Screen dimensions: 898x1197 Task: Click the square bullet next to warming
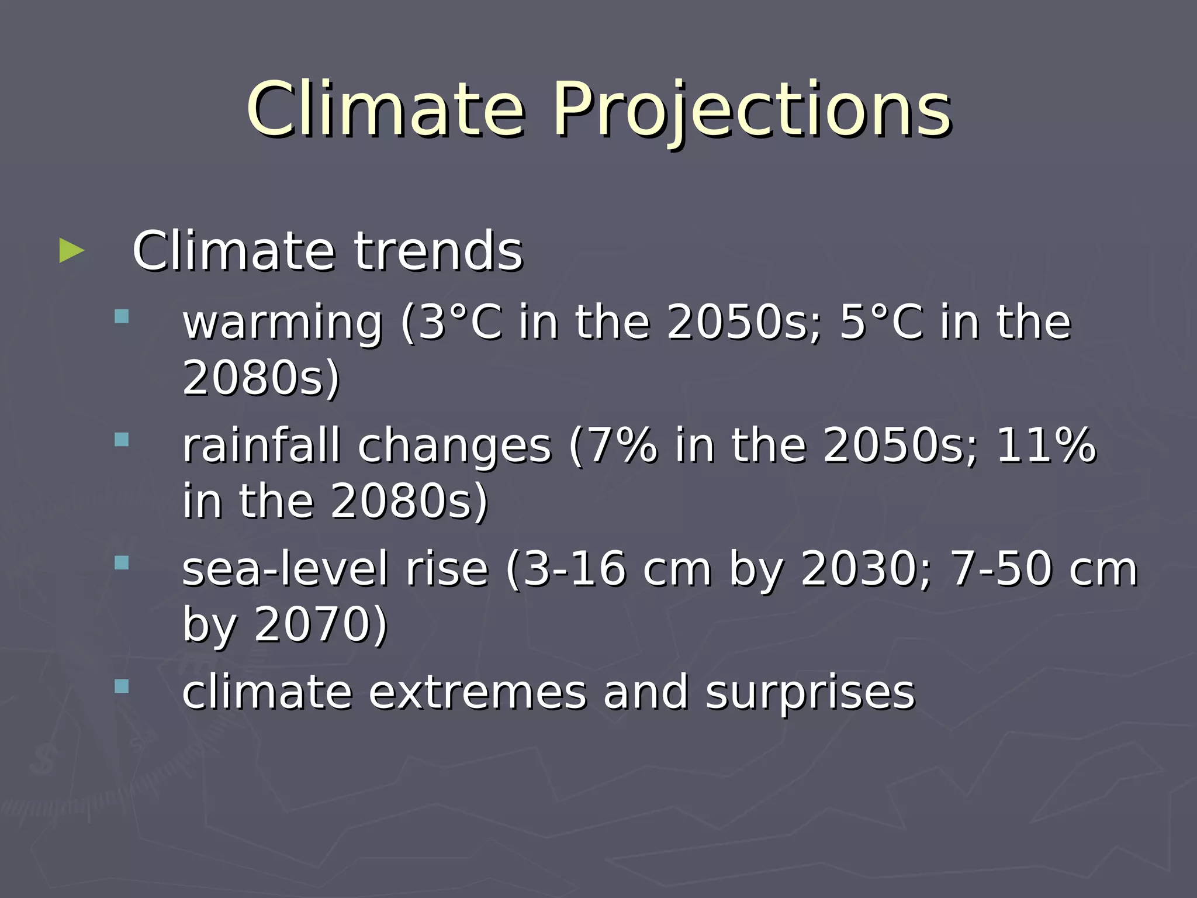click(122, 316)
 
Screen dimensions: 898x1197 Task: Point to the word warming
click(282, 323)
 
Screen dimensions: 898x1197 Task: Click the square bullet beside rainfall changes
click(122, 440)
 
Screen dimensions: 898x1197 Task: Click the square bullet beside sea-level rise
click(122, 563)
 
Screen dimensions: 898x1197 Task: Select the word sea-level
click(285, 569)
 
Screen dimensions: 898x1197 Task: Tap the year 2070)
click(320, 624)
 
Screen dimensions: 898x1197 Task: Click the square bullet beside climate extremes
click(122, 686)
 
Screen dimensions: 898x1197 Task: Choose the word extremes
click(476, 693)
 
